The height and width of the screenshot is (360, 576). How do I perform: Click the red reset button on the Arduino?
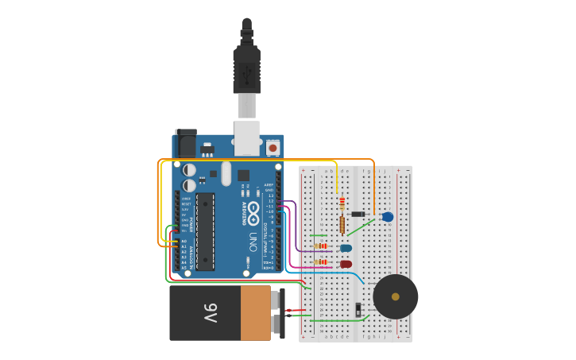pos(273,147)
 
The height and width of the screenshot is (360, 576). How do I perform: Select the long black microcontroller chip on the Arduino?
pos(205,231)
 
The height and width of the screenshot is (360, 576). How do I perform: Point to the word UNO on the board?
pos(253,241)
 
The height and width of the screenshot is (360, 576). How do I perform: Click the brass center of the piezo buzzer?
pos(396,296)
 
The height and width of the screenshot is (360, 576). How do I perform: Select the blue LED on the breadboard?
pos(346,248)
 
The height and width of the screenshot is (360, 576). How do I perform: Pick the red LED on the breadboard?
pos(346,264)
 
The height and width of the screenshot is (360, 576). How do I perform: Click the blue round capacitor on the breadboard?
pos(388,217)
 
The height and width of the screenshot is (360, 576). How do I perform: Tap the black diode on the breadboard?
pos(358,214)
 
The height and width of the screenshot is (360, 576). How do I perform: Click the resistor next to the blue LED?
pos(321,246)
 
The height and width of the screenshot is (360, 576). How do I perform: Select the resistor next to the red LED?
pos(321,261)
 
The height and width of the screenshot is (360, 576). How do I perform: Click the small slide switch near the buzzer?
pos(358,308)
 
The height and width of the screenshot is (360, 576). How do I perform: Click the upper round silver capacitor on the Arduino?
pos(189,170)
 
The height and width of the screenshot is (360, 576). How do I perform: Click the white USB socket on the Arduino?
pos(247,137)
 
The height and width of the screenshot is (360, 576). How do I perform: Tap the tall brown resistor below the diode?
pos(342,225)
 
